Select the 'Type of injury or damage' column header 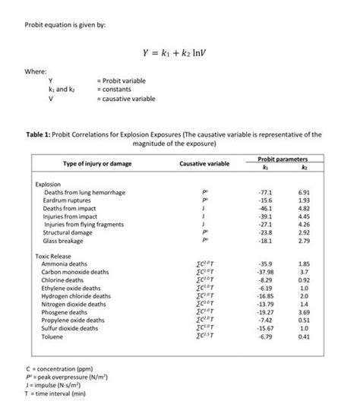pos(88,164)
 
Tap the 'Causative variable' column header pos(204,164)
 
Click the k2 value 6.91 pos(305,193)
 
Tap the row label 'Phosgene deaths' pos(65,312)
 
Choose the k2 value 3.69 pos(305,312)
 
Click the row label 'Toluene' pos(52,336)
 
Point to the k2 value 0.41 pos(305,336)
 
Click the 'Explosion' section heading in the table pos(49,185)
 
